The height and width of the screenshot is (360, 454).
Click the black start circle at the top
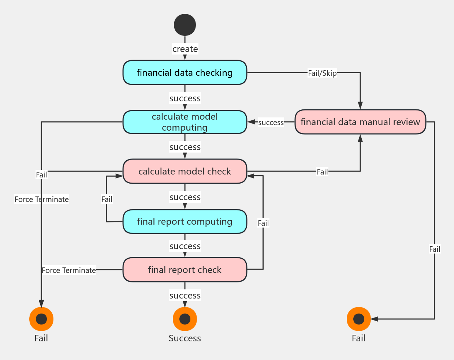tap(185, 25)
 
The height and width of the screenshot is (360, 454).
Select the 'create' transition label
tap(185, 49)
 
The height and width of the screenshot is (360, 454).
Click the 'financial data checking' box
tap(185, 72)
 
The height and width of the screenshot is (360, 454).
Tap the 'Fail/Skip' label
tap(322, 73)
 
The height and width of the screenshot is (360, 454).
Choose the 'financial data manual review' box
tap(360, 122)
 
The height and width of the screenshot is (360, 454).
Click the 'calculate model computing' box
tap(185, 122)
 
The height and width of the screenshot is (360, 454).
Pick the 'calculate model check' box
tap(185, 171)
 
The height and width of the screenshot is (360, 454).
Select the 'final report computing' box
tap(185, 221)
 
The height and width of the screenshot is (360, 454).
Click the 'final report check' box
tap(185, 270)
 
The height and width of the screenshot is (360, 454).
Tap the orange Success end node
tap(185, 319)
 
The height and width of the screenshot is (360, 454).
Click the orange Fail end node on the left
tap(41, 319)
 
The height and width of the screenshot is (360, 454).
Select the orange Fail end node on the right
tap(359, 319)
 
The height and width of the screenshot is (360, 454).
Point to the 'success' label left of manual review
tap(271, 123)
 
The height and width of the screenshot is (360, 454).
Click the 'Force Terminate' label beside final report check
tap(69, 270)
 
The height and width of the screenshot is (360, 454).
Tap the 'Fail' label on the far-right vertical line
tap(435, 249)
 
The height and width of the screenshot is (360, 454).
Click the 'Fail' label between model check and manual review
tap(322, 172)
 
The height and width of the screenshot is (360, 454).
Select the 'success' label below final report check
tap(185, 296)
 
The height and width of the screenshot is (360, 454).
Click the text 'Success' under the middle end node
tap(185, 338)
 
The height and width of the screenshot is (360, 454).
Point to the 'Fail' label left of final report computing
tap(107, 199)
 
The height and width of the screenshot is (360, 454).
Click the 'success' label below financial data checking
tap(185, 98)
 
